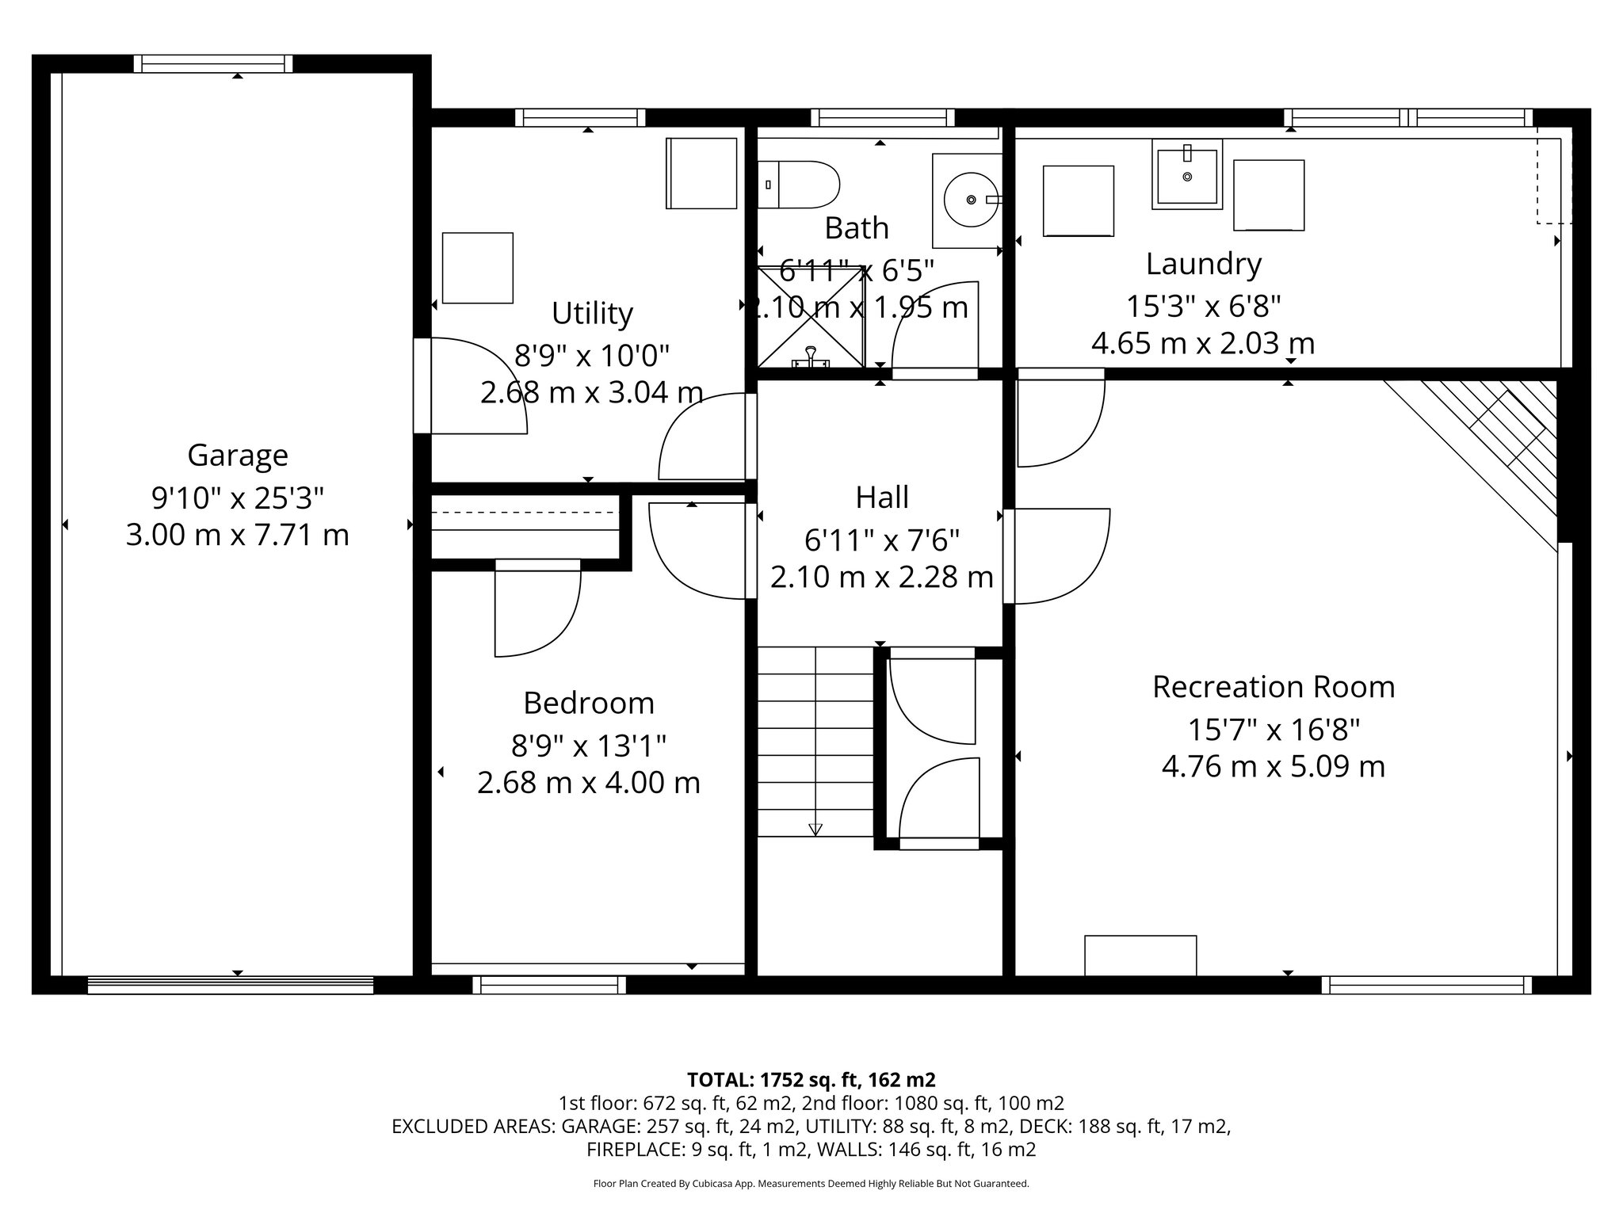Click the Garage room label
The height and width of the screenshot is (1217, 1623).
click(x=237, y=455)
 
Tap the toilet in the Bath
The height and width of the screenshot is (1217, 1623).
click(x=800, y=185)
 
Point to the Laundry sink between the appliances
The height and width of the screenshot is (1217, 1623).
click(x=1186, y=174)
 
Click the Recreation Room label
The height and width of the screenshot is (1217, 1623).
click(x=1273, y=687)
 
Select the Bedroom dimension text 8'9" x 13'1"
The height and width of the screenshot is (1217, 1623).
click(x=588, y=746)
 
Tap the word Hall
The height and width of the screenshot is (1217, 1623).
click(x=881, y=498)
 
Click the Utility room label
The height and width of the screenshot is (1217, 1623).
click(x=592, y=313)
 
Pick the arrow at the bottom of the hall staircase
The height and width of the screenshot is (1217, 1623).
click(x=815, y=830)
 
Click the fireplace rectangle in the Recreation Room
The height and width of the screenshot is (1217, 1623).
click(x=1140, y=955)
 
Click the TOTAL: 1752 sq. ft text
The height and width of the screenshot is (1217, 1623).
click(x=811, y=1079)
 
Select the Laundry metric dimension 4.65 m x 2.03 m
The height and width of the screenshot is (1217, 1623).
click(x=1202, y=344)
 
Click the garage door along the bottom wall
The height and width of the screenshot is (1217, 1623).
click(x=230, y=985)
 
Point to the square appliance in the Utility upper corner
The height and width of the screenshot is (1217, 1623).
click(x=701, y=174)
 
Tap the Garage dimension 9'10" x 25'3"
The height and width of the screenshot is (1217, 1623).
click(x=237, y=498)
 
